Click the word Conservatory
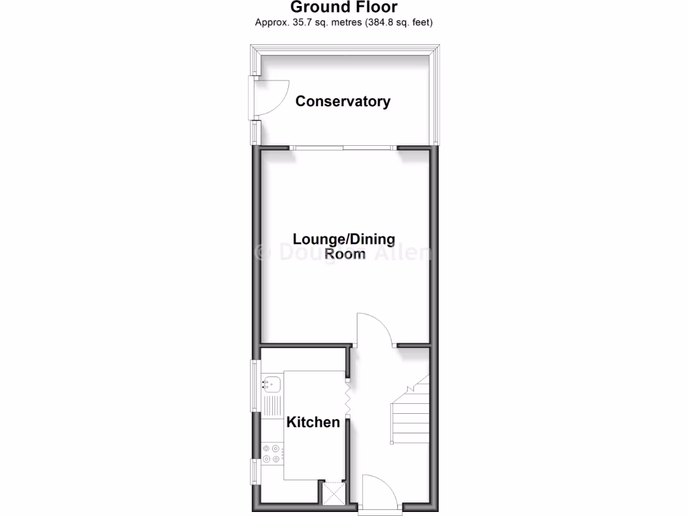pyautogui.click(x=343, y=101)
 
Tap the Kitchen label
pyautogui.click(x=313, y=422)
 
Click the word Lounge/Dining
pyautogui.click(x=343, y=239)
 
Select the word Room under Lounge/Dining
pyautogui.click(x=345, y=253)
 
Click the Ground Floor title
pyautogui.click(x=343, y=7)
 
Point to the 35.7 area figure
pyautogui.click(x=300, y=22)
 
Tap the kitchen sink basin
pyautogui.click(x=271, y=385)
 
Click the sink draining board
pyautogui.click(x=271, y=405)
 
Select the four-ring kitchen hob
pyautogui.click(x=271, y=454)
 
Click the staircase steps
pyautogui.click(x=411, y=417)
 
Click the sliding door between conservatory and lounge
pyautogui.click(x=343, y=147)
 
